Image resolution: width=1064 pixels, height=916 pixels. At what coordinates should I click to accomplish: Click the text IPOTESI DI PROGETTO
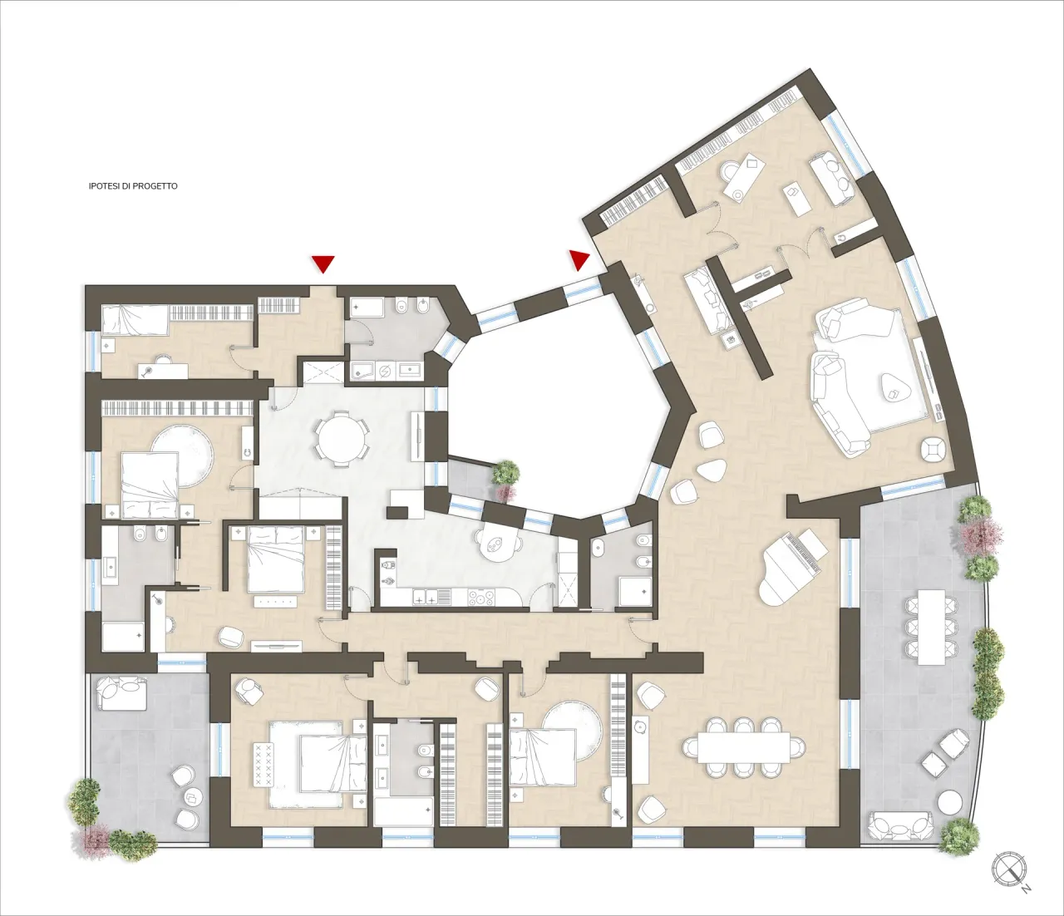coord(133,186)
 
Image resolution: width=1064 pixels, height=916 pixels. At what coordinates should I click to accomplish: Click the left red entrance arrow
coord(323,263)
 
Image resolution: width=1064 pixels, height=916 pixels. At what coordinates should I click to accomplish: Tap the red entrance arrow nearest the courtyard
coord(579,259)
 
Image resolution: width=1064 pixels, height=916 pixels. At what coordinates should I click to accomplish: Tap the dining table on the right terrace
coord(931,626)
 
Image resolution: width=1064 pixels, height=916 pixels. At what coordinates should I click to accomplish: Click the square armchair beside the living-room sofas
coord(934,451)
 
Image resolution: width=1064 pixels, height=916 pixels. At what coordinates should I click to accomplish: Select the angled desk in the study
coord(744,176)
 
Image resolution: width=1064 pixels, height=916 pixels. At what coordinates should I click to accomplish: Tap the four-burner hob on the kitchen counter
coord(481,596)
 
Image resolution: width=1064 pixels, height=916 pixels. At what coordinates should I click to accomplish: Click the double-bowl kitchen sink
coord(426,596)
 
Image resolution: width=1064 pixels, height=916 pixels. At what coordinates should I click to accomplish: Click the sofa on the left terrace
coord(122,693)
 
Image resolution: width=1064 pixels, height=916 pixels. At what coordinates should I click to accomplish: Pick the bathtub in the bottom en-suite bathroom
coord(403,811)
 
